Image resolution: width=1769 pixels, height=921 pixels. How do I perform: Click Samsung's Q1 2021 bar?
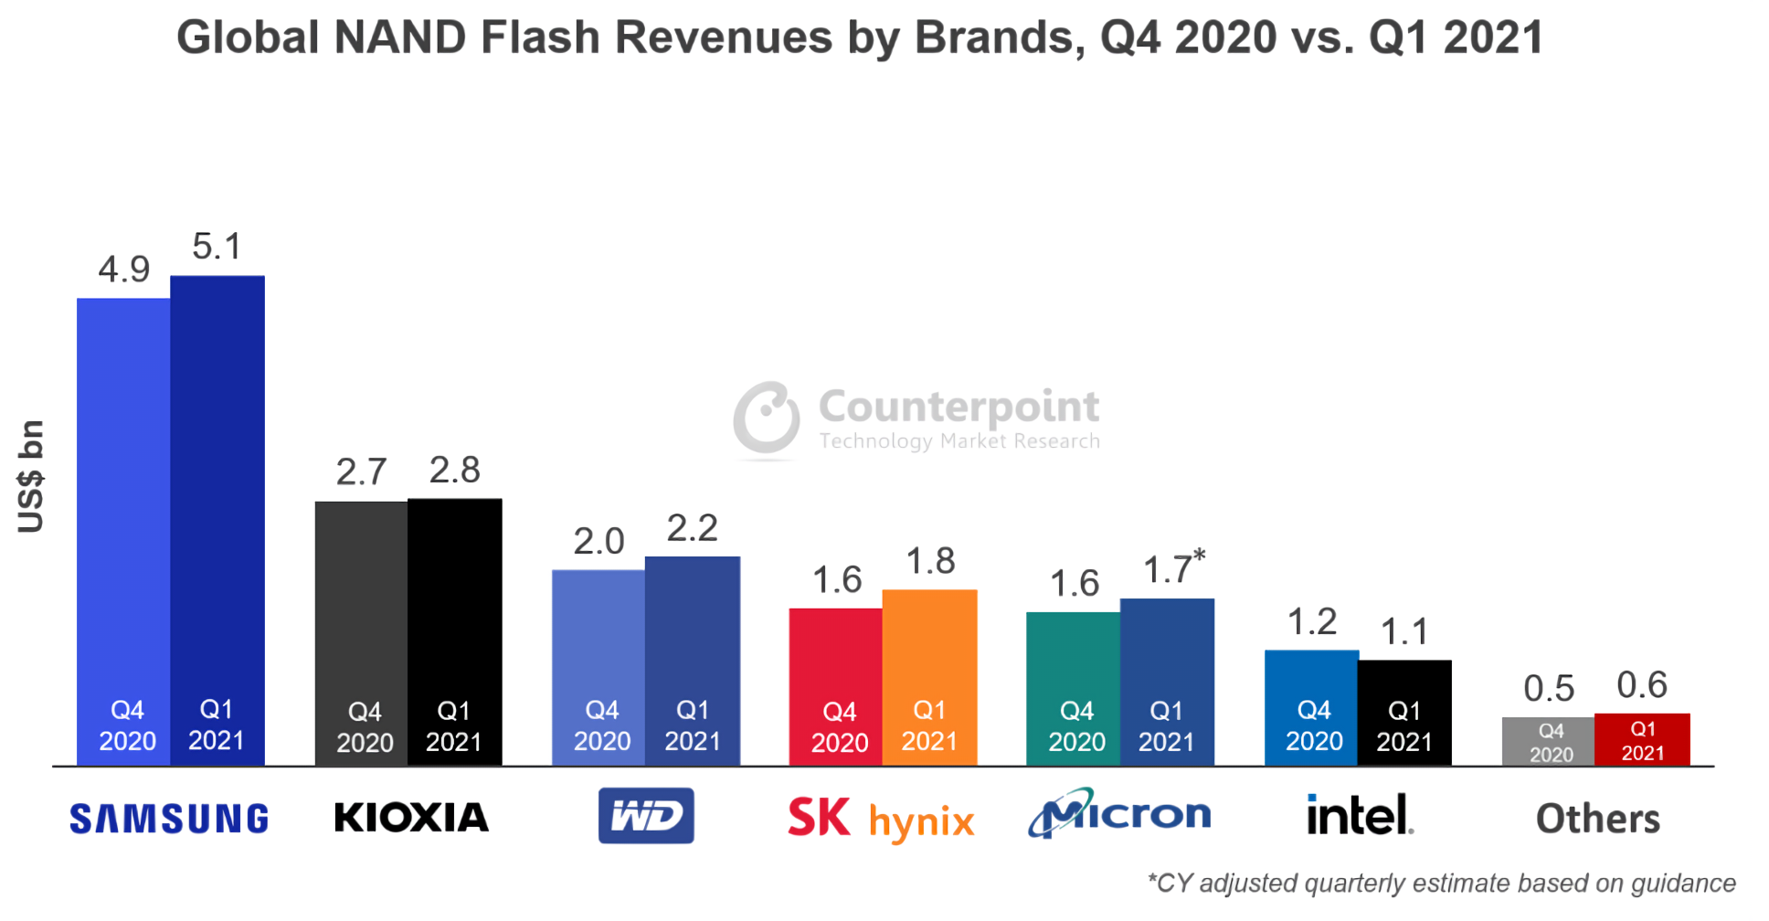click(x=217, y=512)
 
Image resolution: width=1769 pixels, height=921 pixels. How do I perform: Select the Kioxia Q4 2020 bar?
click(x=361, y=621)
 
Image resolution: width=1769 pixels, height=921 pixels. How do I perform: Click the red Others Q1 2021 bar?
click(x=1642, y=739)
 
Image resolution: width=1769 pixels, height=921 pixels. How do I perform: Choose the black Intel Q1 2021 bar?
click(x=1404, y=704)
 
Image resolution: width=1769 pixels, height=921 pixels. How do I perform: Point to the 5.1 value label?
click(x=217, y=247)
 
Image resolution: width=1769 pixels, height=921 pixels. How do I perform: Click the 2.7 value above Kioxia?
click(x=361, y=472)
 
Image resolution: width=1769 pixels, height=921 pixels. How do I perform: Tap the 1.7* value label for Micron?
click(x=1173, y=568)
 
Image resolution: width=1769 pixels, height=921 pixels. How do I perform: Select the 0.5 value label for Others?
click(x=1549, y=689)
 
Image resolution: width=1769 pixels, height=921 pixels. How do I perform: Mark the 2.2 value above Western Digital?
click(x=692, y=528)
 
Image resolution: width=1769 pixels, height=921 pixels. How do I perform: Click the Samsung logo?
click(x=169, y=819)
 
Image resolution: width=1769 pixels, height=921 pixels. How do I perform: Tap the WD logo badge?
click(x=646, y=816)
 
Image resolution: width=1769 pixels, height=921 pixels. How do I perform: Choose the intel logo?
click(x=1360, y=815)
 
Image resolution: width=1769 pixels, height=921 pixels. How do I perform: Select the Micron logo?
click(x=1120, y=813)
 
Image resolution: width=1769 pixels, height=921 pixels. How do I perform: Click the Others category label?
click(x=1597, y=819)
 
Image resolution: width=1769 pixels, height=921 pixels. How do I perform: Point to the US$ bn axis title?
click(x=31, y=476)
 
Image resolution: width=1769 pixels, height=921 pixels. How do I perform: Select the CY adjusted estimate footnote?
click(x=1441, y=884)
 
